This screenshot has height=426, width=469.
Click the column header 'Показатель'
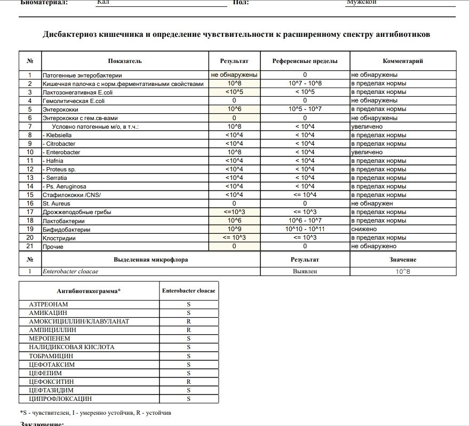click(124, 61)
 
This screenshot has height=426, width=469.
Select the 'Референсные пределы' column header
click(305, 61)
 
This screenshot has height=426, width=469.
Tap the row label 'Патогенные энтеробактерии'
click(82, 75)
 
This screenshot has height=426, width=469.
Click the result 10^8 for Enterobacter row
click(235, 152)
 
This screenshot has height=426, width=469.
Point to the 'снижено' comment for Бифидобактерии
click(364, 229)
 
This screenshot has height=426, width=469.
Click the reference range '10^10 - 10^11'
click(305, 229)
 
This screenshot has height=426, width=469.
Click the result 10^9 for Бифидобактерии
click(235, 229)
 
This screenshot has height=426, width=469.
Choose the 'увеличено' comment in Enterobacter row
click(367, 152)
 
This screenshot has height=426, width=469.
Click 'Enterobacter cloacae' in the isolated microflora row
click(70, 271)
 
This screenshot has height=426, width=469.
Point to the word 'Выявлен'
click(305, 271)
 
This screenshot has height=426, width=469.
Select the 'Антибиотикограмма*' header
click(89, 291)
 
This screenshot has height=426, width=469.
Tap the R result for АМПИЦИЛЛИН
click(188, 330)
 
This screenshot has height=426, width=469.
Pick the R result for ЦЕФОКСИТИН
click(188, 382)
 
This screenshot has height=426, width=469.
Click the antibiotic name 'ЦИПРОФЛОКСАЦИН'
click(60, 399)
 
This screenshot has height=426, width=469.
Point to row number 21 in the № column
click(30, 246)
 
